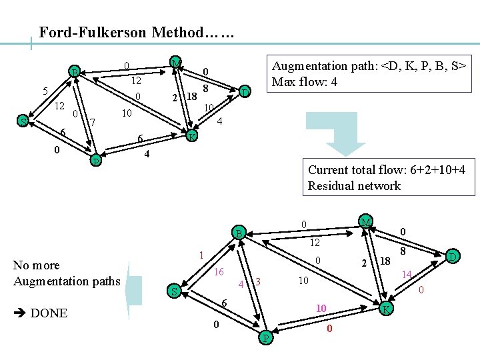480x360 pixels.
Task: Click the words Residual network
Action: click(x=354, y=186)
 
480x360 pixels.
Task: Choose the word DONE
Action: click(x=49, y=313)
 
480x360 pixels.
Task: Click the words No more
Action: click(x=36, y=265)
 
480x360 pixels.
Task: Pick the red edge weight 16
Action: click(x=219, y=272)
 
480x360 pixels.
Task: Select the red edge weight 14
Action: click(x=407, y=274)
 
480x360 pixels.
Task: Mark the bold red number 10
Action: click(x=321, y=309)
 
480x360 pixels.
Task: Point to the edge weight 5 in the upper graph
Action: click(x=45, y=91)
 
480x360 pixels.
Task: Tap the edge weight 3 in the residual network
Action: click(x=257, y=283)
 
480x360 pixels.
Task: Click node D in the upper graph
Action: click(x=245, y=91)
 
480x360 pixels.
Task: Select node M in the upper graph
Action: click(x=175, y=63)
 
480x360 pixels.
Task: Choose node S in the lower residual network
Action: click(x=173, y=292)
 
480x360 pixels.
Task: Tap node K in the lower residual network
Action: click(x=386, y=309)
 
